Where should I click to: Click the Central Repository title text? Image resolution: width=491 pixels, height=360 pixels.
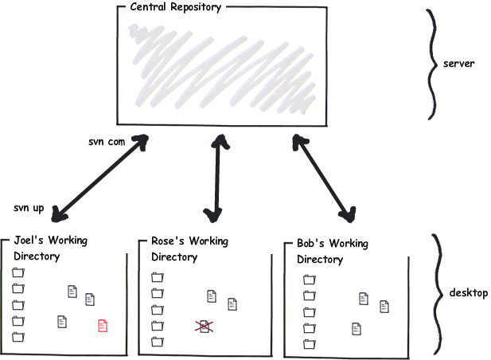click(170, 8)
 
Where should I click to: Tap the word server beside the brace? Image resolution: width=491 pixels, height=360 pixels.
click(458, 63)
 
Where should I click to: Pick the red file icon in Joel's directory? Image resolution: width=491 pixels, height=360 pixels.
click(103, 325)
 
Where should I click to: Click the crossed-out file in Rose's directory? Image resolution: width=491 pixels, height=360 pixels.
click(204, 325)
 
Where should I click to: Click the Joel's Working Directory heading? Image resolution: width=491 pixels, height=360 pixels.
click(51, 248)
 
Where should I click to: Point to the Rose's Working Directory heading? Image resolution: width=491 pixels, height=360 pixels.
click(189, 248)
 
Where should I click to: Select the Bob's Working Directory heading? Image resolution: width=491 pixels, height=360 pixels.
click(333, 252)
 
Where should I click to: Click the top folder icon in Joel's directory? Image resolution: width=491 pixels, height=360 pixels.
click(18, 272)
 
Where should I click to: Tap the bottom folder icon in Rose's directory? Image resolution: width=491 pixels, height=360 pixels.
click(157, 342)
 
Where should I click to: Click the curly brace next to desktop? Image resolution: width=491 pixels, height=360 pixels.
click(435, 293)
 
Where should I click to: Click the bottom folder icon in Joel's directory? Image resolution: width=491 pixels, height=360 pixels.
click(18, 337)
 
